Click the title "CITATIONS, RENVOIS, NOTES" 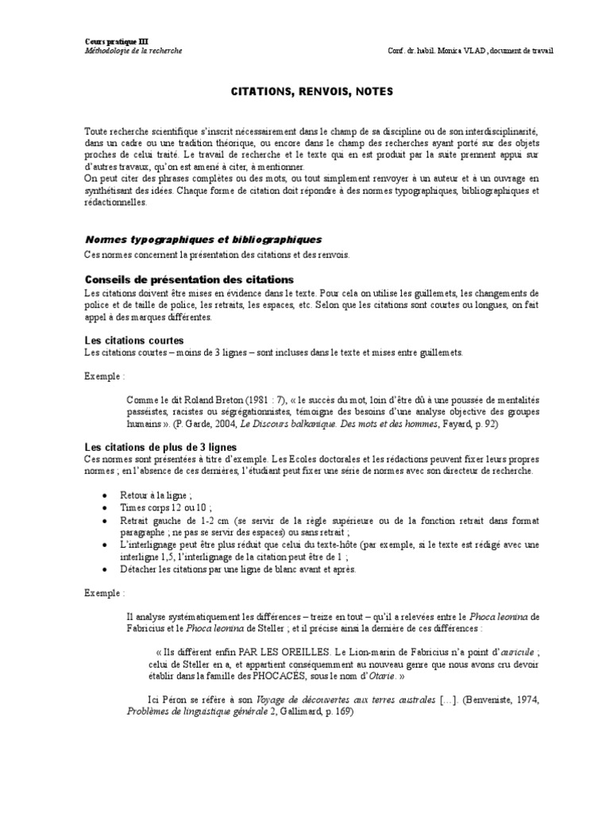tap(306, 93)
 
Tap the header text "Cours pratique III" tap(116, 40)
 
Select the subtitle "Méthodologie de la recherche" tap(133, 50)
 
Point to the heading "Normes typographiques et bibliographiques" tap(203, 239)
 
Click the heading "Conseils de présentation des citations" tap(189, 279)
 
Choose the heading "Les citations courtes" tap(133, 340)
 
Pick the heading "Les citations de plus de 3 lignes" tap(160, 448)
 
